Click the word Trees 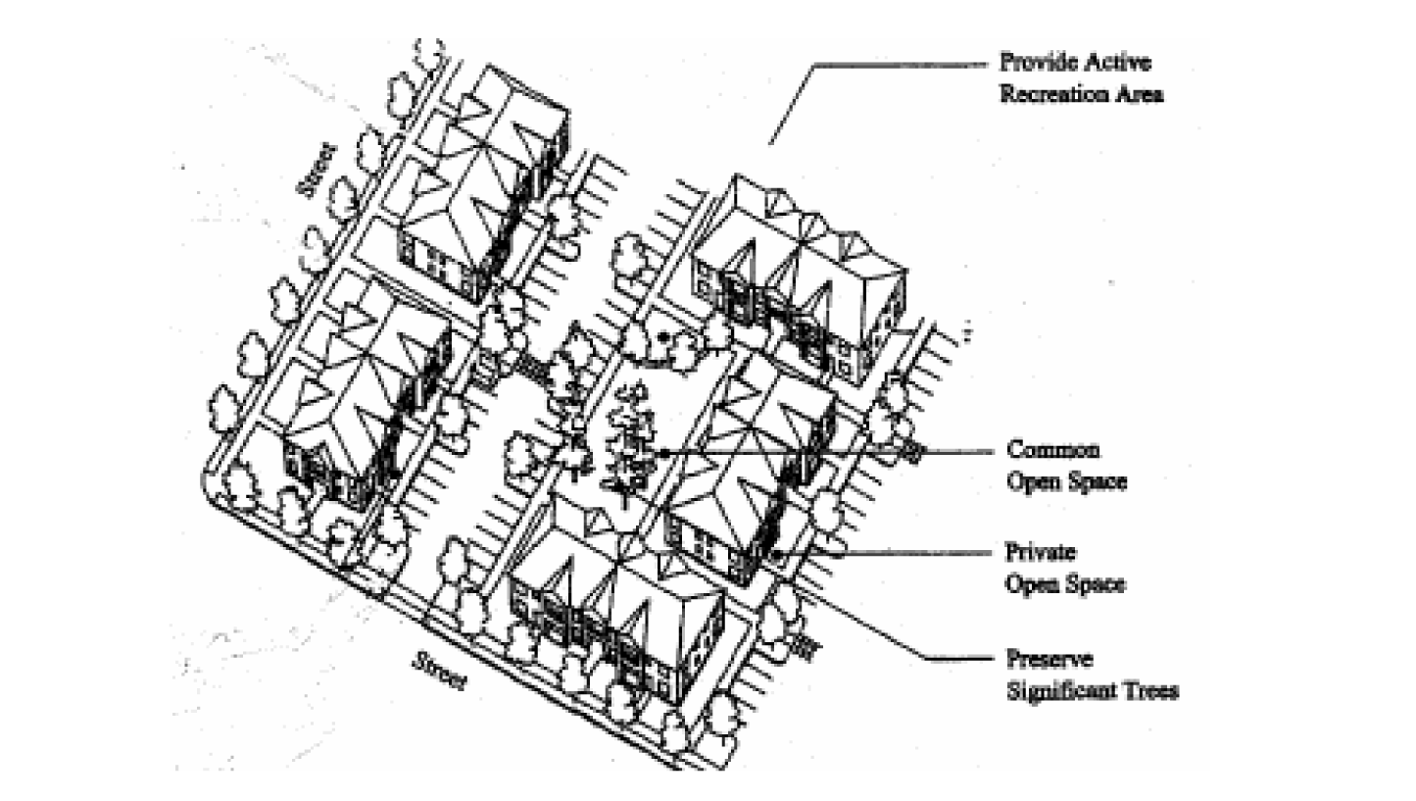(x=1151, y=690)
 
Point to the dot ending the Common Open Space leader (x=665, y=452)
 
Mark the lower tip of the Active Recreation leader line (x=769, y=144)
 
